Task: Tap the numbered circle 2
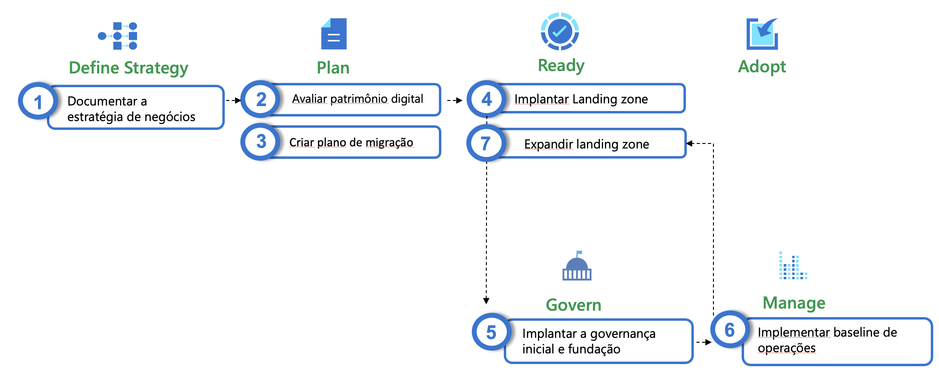tap(261, 99)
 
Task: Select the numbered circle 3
tap(261, 141)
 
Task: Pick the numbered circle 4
tap(487, 99)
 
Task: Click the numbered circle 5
tap(491, 332)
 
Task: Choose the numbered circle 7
tap(486, 143)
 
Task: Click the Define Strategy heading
tap(129, 68)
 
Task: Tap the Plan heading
tap(333, 68)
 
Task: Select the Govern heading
tap(574, 305)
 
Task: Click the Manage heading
tap(794, 303)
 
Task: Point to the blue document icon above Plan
tap(334, 34)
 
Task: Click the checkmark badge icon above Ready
tap(560, 31)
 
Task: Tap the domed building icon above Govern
tap(577, 266)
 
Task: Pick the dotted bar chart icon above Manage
tap(793, 266)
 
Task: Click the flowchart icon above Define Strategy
tap(117, 36)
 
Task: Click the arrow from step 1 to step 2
tap(233, 100)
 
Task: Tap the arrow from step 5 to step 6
tap(704, 342)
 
